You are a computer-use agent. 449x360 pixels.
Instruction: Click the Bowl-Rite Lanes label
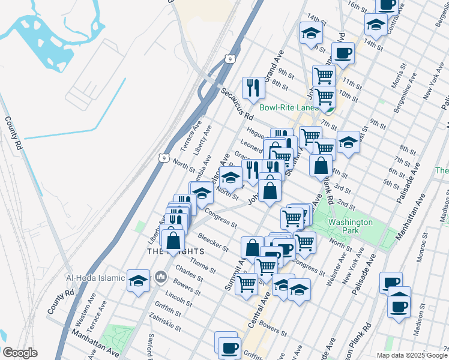tap(289, 107)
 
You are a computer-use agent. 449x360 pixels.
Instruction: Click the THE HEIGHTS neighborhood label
tap(172, 251)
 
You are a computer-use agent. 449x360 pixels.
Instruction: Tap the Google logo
tap(20, 353)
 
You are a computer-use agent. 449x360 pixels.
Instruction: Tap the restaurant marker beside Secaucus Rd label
tap(253, 88)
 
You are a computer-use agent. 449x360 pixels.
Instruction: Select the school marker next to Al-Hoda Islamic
tap(138, 280)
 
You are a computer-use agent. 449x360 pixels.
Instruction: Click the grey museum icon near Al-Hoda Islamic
tap(160, 278)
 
